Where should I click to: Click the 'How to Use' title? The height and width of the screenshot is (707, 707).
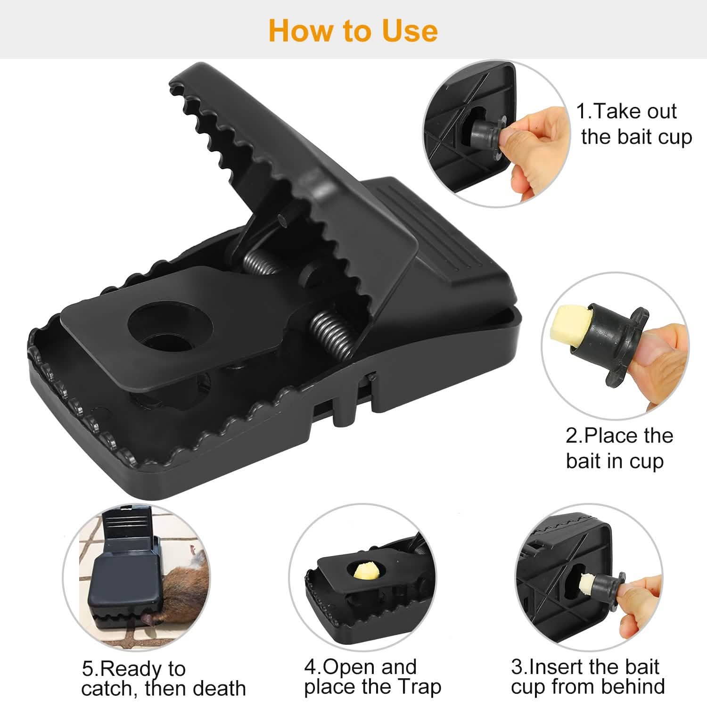point(353,31)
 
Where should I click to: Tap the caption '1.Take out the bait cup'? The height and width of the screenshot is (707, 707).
point(634,124)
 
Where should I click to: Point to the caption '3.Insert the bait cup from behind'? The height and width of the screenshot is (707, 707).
point(587,676)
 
